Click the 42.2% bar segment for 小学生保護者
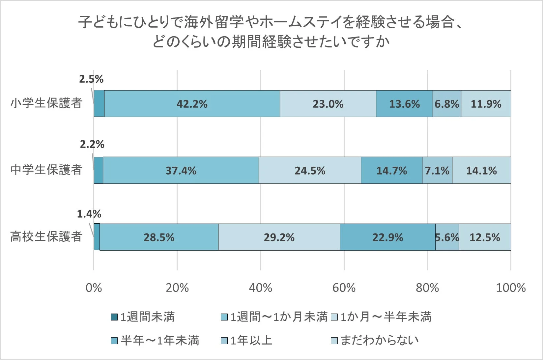[192, 104]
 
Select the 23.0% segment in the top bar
[328, 104]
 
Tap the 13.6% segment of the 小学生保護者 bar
[404, 104]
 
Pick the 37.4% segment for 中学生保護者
[181, 170]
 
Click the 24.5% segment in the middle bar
[310, 170]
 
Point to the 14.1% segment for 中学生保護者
[481, 170]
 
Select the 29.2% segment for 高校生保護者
[279, 237]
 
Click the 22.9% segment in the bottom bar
[387, 237]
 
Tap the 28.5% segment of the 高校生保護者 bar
[159, 237]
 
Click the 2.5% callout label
[91, 79]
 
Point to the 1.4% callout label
[89, 214]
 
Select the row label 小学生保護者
[46, 103]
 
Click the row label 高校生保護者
[46, 236]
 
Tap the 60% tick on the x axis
[344, 288]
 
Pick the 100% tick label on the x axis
[510, 288]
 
